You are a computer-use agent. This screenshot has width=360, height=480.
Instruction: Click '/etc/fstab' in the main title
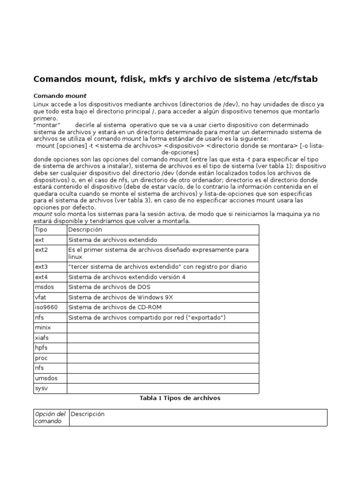click(294, 79)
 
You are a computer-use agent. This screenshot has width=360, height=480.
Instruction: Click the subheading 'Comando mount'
click(60, 96)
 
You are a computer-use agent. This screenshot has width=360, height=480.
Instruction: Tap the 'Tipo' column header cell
click(41, 230)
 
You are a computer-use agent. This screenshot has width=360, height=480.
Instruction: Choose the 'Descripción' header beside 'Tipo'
click(85, 230)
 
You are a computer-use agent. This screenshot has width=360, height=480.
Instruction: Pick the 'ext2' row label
click(41, 250)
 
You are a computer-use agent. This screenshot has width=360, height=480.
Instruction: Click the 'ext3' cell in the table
click(41, 267)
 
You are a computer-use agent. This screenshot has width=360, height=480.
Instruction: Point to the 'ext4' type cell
click(41, 277)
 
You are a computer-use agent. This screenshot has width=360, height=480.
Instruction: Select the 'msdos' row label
click(44, 287)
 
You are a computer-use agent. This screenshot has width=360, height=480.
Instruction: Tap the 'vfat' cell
click(41, 297)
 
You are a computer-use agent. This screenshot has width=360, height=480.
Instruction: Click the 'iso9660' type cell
click(45, 307)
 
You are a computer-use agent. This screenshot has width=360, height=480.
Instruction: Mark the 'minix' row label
click(43, 328)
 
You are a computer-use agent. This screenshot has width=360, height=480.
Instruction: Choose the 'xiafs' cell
click(42, 337)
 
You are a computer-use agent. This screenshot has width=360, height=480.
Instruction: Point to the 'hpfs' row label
click(41, 348)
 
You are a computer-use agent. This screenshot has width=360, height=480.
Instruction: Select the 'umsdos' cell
click(46, 378)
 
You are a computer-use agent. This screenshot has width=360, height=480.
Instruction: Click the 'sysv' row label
click(41, 388)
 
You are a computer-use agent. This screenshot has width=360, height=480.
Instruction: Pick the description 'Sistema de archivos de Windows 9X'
click(121, 297)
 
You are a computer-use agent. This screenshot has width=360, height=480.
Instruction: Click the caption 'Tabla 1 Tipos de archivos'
click(180, 398)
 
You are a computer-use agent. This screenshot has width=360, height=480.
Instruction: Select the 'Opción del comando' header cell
click(51, 418)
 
